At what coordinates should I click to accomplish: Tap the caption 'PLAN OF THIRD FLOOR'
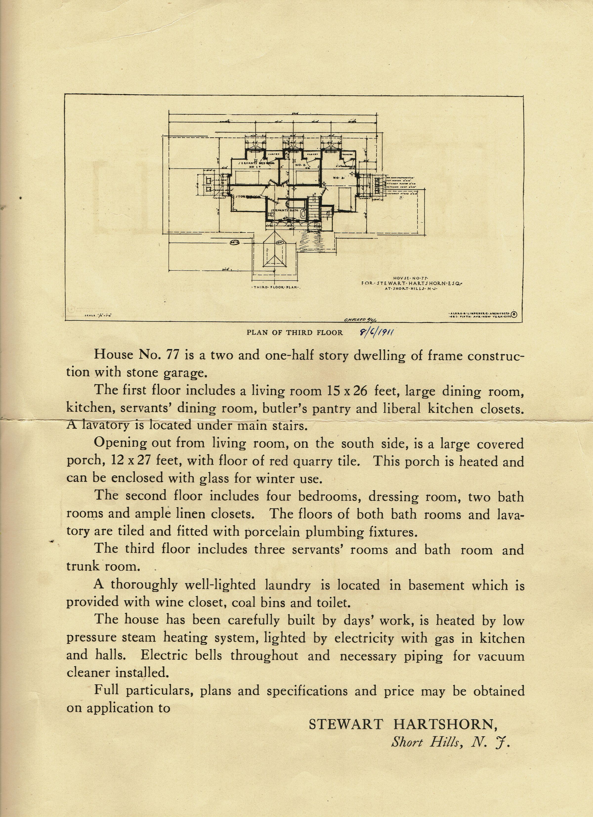point(295,333)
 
